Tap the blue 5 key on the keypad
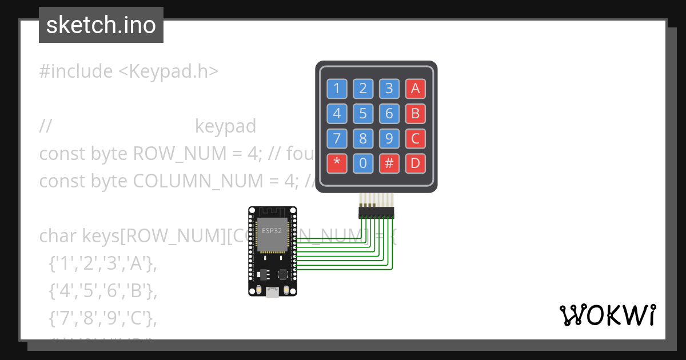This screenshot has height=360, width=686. click(363, 113)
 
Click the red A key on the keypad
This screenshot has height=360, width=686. click(416, 88)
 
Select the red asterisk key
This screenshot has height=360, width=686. click(337, 163)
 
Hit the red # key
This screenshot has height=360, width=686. click(389, 163)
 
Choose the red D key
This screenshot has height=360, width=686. click(416, 163)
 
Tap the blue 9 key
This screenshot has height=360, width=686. click(389, 138)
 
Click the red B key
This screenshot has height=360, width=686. click(416, 113)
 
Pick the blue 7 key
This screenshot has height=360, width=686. click(337, 138)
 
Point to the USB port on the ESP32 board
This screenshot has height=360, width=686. click(273, 292)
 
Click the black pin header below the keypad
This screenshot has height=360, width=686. click(376, 213)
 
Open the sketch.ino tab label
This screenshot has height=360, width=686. click(101, 25)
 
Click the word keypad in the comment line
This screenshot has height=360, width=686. click(225, 126)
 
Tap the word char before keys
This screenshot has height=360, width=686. click(58, 235)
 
